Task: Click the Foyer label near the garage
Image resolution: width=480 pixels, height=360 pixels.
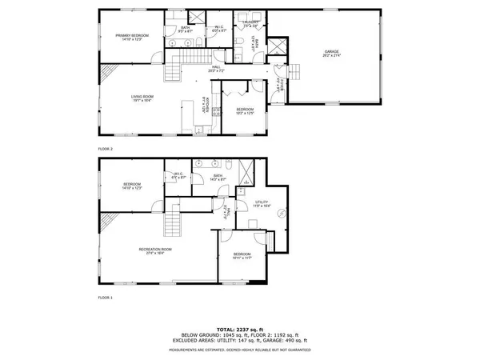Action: coord(282,82)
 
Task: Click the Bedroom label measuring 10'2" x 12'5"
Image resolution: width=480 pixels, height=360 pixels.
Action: coord(245,110)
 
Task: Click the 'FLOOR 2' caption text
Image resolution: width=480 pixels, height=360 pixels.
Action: coord(106,149)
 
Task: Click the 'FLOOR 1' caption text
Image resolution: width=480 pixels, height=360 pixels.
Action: coord(106,297)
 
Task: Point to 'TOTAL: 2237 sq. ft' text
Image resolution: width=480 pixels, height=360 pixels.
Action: coord(239,327)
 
